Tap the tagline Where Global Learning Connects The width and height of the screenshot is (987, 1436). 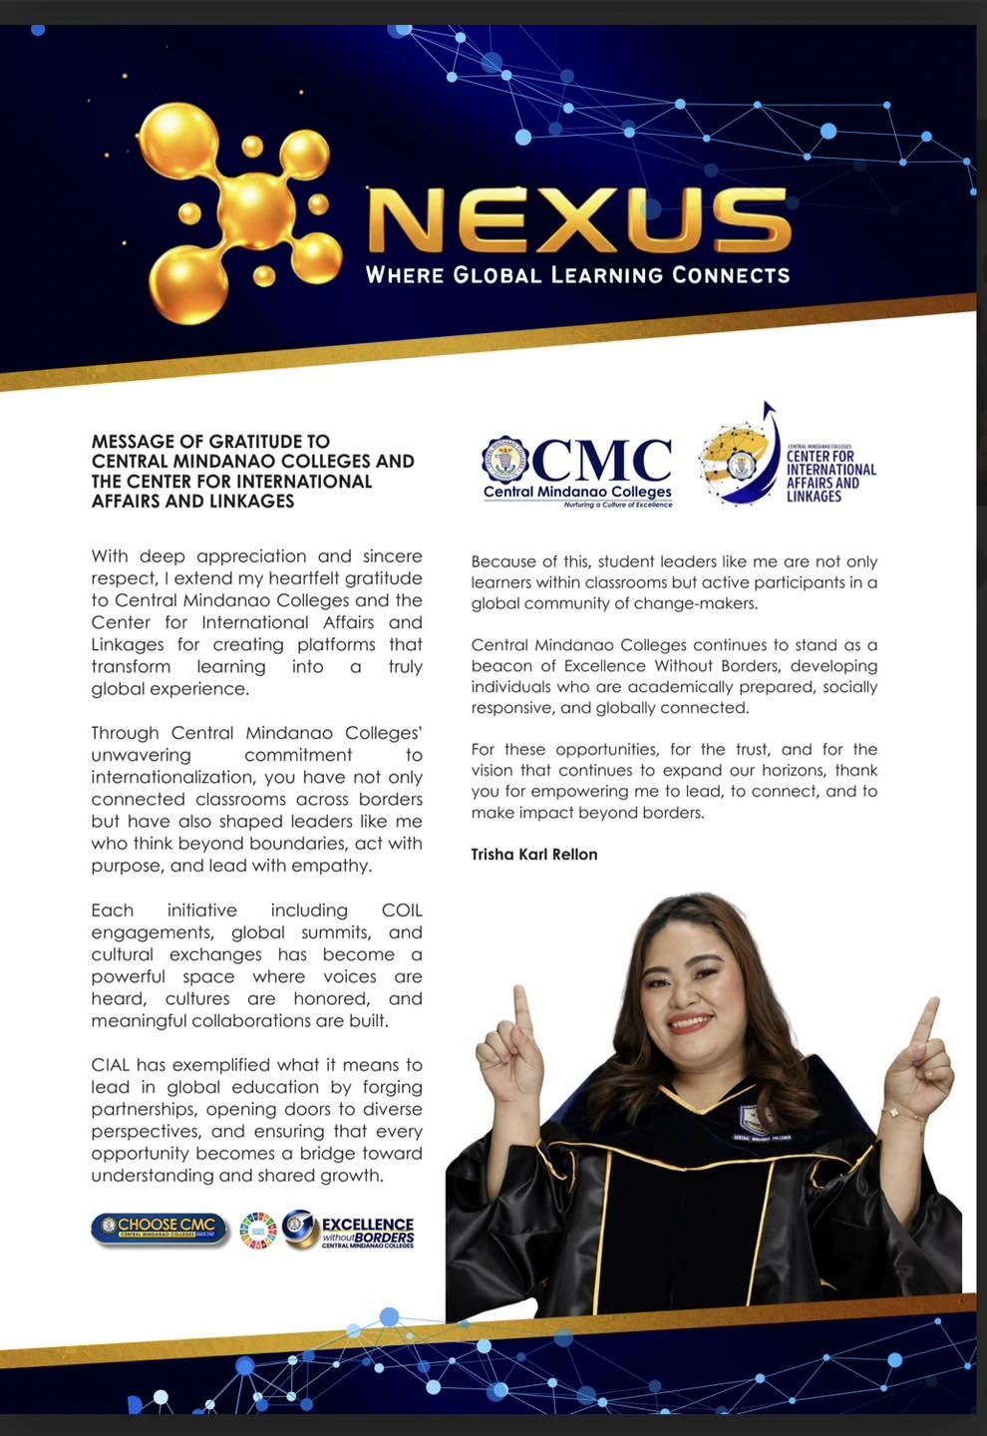click(x=577, y=275)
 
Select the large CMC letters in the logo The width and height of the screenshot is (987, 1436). click(x=602, y=460)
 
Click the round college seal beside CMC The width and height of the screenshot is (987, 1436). click(x=505, y=460)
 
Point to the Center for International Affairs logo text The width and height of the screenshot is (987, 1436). click(x=830, y=476)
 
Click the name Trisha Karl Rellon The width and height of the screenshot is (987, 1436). click(x=534, y=855)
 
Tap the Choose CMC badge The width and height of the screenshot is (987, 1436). click(x=160, y=1229)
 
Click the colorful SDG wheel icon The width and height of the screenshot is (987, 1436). click(x=257, y=1231)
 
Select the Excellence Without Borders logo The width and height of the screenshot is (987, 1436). click(x=349, y=1230)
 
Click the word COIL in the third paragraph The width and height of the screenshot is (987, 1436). click(x=402, y=910)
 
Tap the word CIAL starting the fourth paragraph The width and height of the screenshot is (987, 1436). click(x=111, y=1065)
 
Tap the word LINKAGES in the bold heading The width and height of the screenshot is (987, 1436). click(x=245, y=502)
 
